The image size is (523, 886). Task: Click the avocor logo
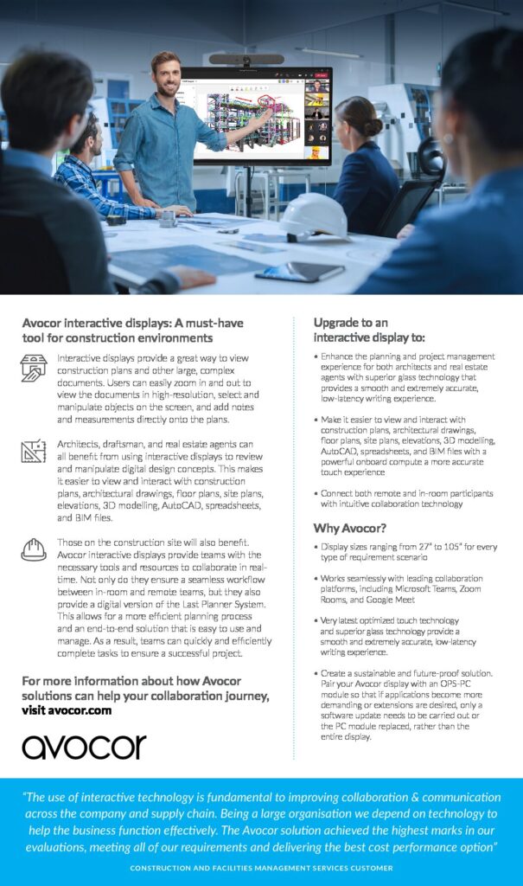(84, 746)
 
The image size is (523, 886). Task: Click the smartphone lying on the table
(298, 272)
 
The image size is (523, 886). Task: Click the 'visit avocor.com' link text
(67, 709)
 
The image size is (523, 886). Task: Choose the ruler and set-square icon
(34, 452)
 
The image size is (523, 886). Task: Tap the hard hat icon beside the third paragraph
(34, 549)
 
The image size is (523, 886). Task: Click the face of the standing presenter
(165, 70)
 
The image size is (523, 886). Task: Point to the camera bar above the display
(246, 60)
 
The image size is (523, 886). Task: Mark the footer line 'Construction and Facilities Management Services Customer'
(261, 867)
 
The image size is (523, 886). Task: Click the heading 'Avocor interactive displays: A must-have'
(132, 324)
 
